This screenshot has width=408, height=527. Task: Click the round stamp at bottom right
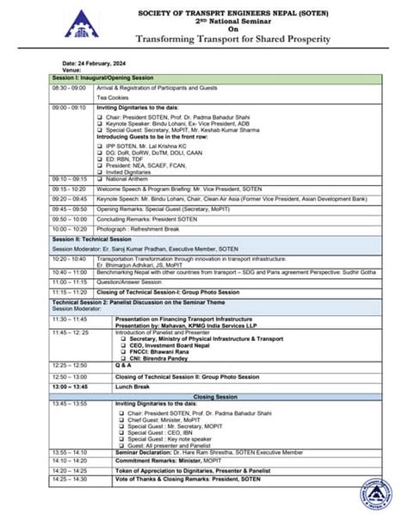pyautogui.click(x=378, y=500)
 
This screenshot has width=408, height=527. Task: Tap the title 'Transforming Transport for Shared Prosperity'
pyautogui.click(x=233, y=39)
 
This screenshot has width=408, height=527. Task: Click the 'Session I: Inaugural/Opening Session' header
pyautogui.click(x=103, y=78)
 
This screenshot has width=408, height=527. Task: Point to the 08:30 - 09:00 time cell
pyautogui.click(x=69, y=88)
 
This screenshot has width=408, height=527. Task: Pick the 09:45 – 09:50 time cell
pyautogui.click(x=69, y=208)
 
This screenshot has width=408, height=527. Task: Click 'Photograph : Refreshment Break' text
pyautogui.click(x=138, y=229)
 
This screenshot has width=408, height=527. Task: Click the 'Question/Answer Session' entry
pyautogui.click(x=128, y=282)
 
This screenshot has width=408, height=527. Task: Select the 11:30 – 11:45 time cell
pyautogui.click(x=71, y=318)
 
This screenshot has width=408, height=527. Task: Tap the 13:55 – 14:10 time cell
pyautogui.click(x=71, y=451)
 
